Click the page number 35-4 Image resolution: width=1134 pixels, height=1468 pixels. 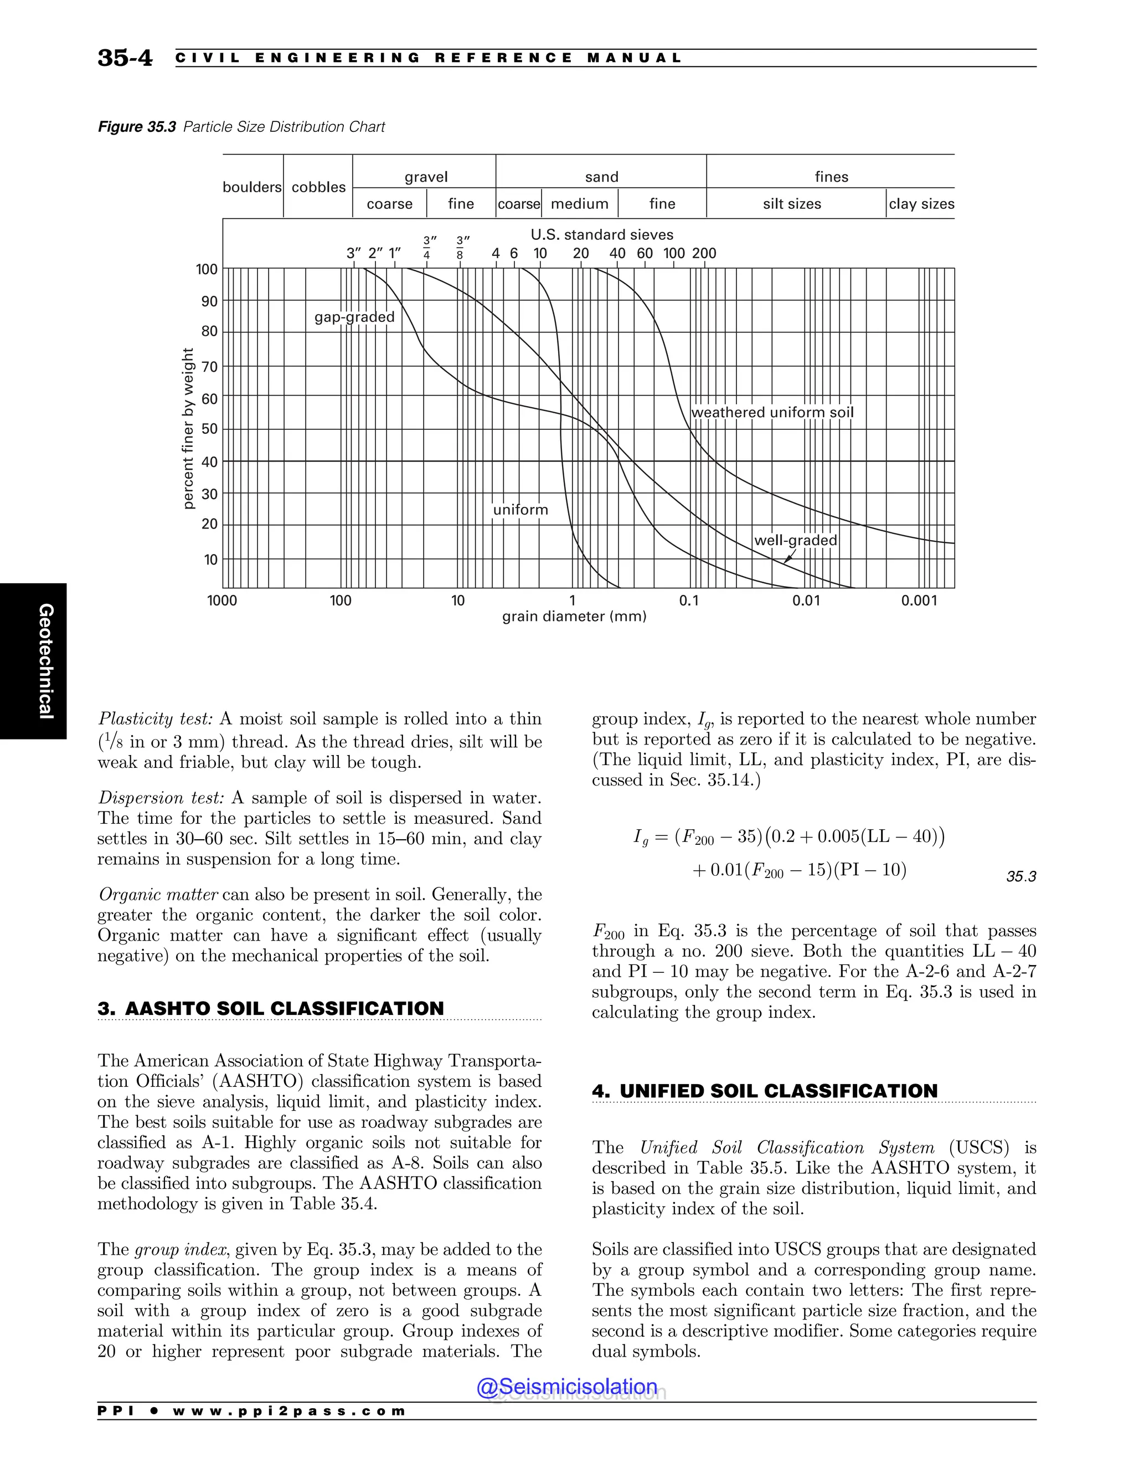point(125,58)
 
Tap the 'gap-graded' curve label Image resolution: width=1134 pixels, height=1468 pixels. point(354,317)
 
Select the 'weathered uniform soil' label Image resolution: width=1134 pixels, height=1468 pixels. point(772,413)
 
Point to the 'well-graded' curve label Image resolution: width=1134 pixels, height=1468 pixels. point(796,541)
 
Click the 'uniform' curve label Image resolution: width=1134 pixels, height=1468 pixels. point(520,510)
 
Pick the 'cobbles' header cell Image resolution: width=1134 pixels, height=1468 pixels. point(318,187)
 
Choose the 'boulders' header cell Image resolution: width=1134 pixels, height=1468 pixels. point(252,187)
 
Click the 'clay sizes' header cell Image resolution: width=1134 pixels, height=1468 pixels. point(921,204)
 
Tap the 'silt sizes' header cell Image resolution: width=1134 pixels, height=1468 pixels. point(791,204)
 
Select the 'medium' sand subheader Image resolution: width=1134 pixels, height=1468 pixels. point(579,204)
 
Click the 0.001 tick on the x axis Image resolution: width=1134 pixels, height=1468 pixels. point(919,601)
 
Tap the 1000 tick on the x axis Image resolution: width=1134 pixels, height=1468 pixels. point(223,601)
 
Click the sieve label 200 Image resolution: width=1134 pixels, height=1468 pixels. point(704,253)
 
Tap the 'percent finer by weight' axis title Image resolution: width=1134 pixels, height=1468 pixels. point(188,428)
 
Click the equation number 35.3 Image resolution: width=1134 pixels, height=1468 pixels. point(1021,876)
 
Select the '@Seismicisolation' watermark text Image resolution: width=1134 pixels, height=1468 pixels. point(567,1387)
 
